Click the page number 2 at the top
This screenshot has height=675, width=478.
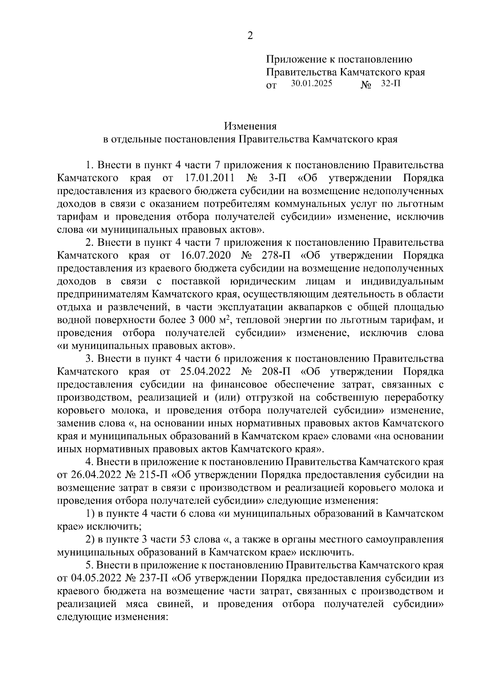click(250, 36)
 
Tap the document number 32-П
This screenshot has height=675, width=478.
click(391, 84)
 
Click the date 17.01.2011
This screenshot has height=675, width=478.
click(210, 177)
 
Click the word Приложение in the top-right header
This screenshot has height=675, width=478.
click(295, 60)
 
